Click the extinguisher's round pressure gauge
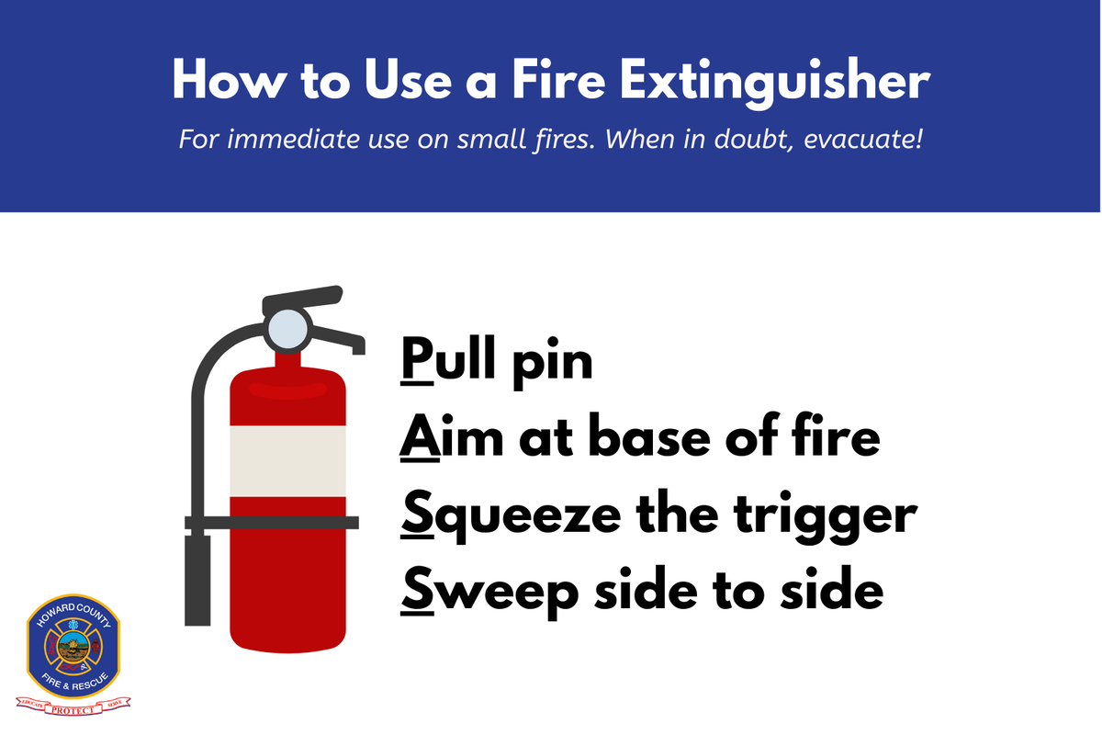[287, 328]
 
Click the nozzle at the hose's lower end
[197, 579]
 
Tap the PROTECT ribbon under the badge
[75, 707]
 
